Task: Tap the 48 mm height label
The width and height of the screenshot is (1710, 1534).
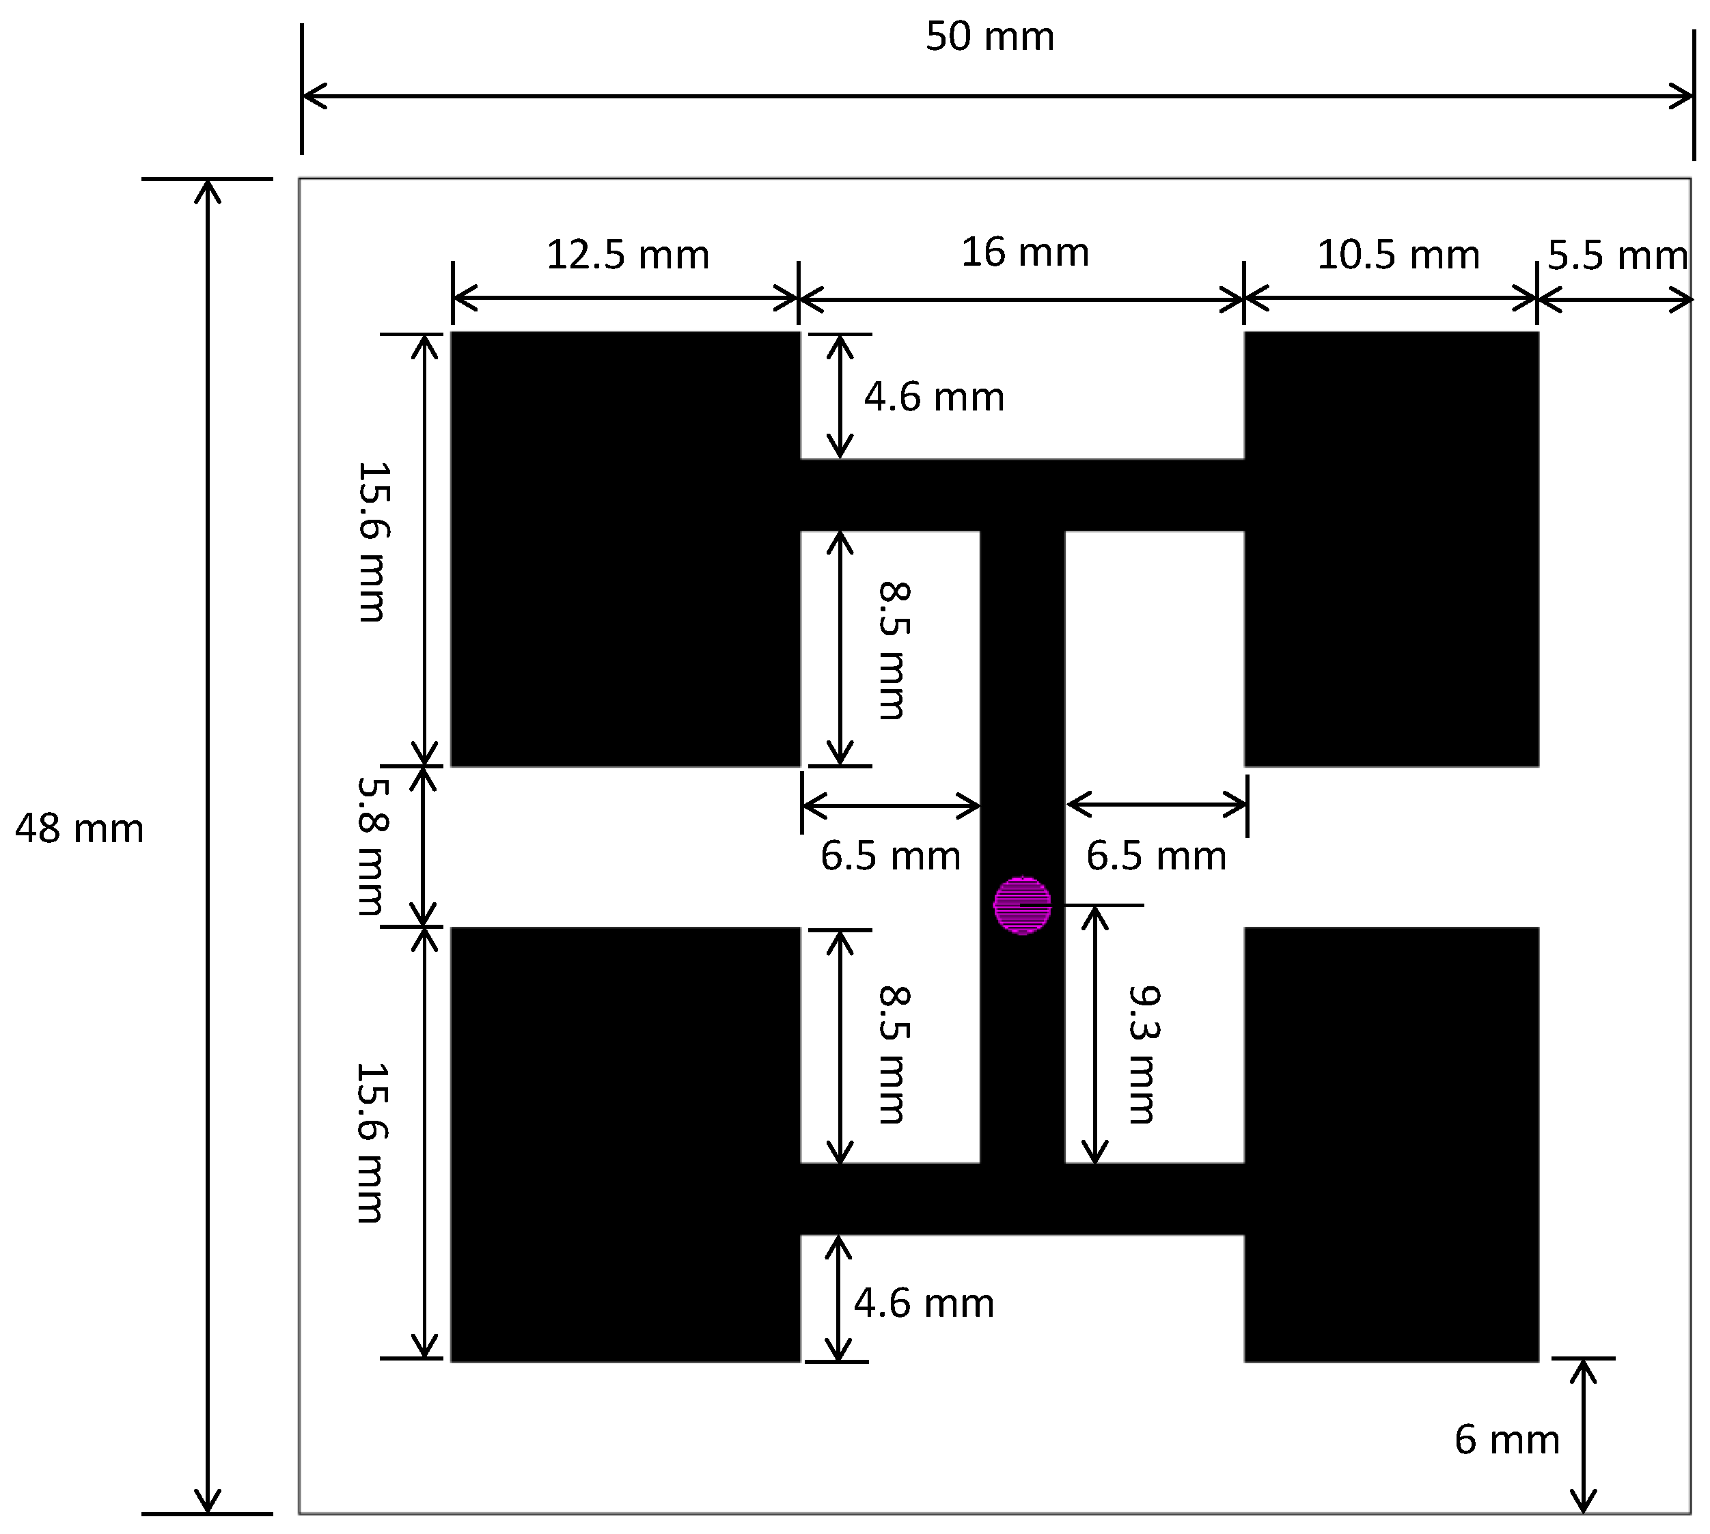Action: click(79, 829)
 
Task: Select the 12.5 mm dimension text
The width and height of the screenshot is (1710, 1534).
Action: click(627, 255)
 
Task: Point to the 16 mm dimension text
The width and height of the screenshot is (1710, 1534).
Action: click(1025, 253)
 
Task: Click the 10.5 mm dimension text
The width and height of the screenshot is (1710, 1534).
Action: click(1397, 255)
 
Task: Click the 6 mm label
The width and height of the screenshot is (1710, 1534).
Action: click(1506, 1440)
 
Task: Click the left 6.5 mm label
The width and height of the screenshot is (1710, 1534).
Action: click(890, 856)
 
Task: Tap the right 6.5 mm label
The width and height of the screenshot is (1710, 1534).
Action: click(1155, 856)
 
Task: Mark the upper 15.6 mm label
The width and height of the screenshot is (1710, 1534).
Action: click(372, 542)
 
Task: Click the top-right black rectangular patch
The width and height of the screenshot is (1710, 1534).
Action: click(1391, 548)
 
